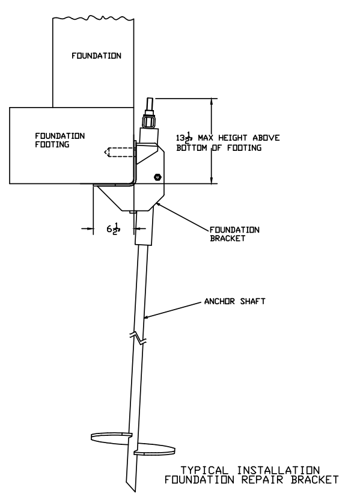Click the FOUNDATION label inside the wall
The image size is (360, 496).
tap(97, 56)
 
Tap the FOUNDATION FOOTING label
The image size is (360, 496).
tap(59, 140)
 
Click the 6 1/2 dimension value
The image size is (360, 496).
tap(114, 228)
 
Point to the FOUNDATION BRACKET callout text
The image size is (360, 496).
tap(234, 234)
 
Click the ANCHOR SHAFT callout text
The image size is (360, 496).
tap(235, 301)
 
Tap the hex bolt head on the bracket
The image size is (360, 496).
tap(157, 177)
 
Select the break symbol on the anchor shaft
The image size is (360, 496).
tap(138, 338)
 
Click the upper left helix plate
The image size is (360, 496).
tap(111, 437)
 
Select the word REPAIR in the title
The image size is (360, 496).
tap(262, 480)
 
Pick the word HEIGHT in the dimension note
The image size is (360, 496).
tap(233, 138)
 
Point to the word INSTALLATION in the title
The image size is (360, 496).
tap(278, 470)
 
